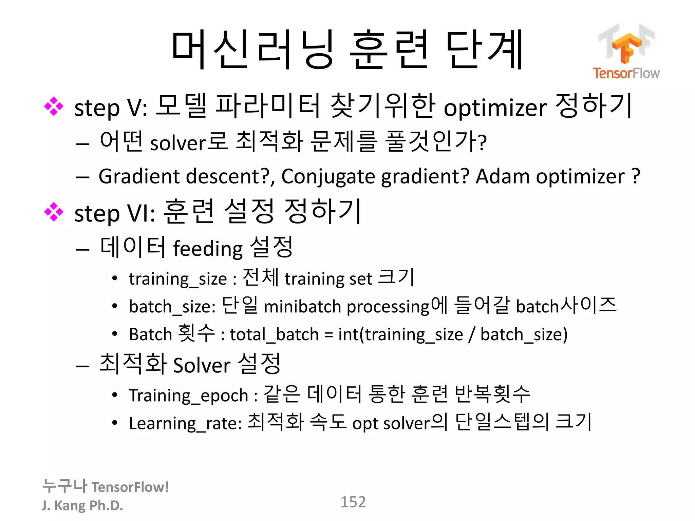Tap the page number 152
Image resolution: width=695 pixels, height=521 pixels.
pyautogui.click(x=353, y=502)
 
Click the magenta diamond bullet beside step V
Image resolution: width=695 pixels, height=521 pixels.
pyautogui.click(x=54, y=107)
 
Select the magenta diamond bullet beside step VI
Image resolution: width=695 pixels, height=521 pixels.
pyautogui.click(x=54, y=212)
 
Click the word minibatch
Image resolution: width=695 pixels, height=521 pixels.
pyautogui.click(x=302, y=307)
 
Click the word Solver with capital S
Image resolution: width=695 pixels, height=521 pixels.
pyautogui.click(x=202, y=366)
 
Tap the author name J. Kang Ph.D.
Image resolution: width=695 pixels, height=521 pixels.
pyautogui.click(x=82, y=505)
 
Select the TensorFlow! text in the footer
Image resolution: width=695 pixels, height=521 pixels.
pyautogui.click(x=130, y=487)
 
